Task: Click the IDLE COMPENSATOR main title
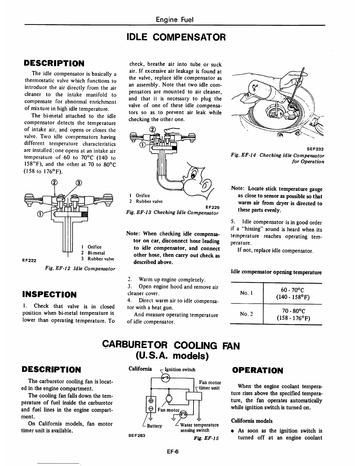(176, 37)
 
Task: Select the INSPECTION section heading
(49, 294)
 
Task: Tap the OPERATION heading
(258, 370)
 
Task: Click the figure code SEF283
(137, 436)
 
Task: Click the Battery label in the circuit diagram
(154, 426)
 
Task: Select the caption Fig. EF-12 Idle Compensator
(80, 269)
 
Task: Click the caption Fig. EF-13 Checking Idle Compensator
(172, 212)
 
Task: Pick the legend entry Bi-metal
(96, 253)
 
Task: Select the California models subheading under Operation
(251, 421)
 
